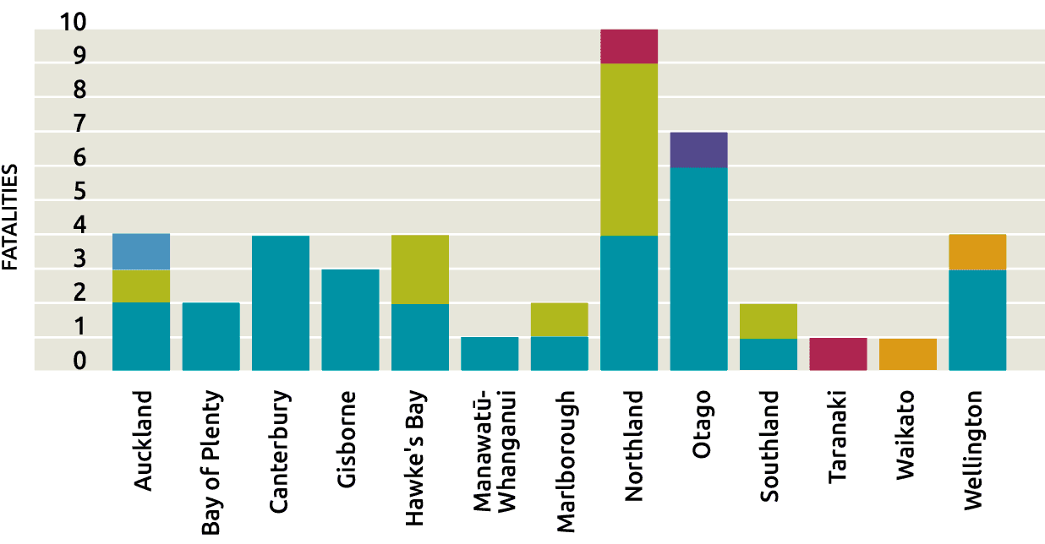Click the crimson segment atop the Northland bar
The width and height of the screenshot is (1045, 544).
(x=629, y=46)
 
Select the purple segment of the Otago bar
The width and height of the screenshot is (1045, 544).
(x=698, y=150)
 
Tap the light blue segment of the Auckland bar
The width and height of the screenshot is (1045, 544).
(x=141, y=252)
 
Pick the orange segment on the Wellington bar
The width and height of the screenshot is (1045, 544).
(x=977, y=253)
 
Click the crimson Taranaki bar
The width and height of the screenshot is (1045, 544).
(x=838, y=354)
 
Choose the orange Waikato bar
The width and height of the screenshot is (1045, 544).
(x=908, y=355)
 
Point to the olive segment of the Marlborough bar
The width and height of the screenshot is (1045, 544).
(x=560, y=320)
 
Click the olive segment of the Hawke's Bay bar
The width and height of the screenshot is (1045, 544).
(x=420, y=269)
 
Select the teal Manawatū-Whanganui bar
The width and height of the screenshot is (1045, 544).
(x=490, y=354)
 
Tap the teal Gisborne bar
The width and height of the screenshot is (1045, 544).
(x=350, y=320)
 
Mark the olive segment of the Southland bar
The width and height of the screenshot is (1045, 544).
(x=769, y=321)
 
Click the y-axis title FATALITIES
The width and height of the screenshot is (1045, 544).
(x=10, y=217)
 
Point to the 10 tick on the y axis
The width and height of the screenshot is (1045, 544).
(x=74, y=22)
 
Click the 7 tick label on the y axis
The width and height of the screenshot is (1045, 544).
(x=79, y=123)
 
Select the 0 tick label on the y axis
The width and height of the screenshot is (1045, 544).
(x=79, y=361)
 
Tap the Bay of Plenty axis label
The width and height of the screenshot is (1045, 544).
(x=211, y=462)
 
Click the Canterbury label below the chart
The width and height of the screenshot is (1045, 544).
(x=280, y=452)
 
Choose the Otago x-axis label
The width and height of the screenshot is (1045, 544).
(x=701, y=424)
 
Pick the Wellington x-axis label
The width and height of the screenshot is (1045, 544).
(x=974, y=450)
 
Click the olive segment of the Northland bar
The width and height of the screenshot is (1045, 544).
(x=629, y=150)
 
